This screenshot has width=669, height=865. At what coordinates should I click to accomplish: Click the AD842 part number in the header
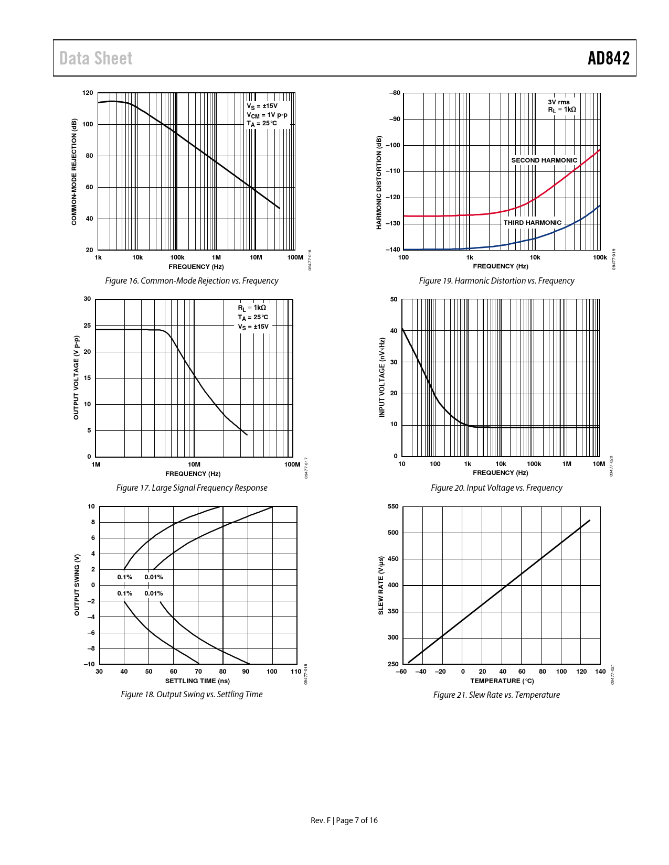tap(608, 58)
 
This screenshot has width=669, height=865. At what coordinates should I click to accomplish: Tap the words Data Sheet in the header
tap(95, 58)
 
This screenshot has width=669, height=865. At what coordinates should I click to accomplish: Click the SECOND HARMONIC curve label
tap(544, 160)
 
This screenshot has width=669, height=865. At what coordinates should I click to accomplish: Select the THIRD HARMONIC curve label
tap(532, 223)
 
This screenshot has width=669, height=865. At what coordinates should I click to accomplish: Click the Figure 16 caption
tap(192, 281)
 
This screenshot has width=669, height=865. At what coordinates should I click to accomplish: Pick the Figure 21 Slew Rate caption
tap(496, 695)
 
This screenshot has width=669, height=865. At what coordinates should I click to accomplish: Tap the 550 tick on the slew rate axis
tap(393, 506)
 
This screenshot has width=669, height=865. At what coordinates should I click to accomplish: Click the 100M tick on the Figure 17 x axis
tap(292, 464)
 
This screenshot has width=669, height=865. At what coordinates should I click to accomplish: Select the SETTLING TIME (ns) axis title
tap(197, 681)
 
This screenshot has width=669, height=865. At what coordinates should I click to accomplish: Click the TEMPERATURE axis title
tap(502, 681)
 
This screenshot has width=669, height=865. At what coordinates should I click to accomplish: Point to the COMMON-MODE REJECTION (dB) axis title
tap(74, 172)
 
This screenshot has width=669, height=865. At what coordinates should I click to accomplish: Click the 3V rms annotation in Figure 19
tap(559, 102)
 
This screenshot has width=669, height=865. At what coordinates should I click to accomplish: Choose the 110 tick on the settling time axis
tap(296, 672)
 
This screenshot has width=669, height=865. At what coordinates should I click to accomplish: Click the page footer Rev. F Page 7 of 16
tap(344, 820)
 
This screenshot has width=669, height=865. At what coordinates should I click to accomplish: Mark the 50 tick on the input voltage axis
tap(394, 300)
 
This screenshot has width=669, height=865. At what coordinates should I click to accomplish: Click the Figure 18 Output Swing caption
tap(192, 695)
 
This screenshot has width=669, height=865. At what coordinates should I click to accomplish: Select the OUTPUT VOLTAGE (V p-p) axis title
tap(76, 377)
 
